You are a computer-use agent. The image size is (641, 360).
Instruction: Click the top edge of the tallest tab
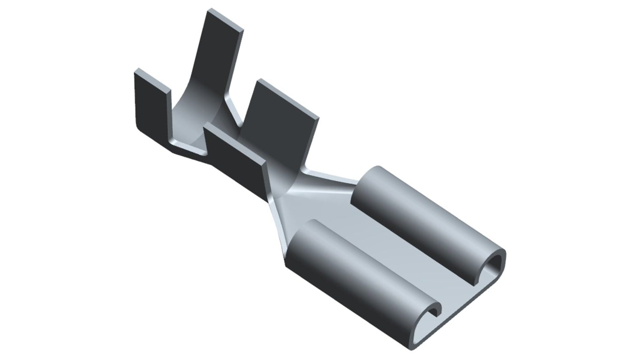(226, 18)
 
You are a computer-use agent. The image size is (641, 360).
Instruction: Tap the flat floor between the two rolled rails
(406, 257)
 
